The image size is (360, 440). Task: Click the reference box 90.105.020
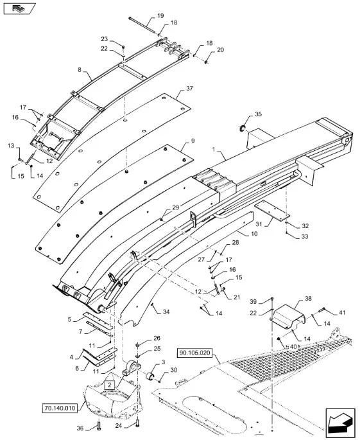(194, 353)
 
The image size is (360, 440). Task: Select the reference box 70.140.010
(60, 408)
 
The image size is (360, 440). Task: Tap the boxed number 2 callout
(109, 385)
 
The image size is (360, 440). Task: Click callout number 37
(189, 89)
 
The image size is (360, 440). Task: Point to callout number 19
(160, 15)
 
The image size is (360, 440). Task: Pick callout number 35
(258, 114)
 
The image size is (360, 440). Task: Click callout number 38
(308, 299)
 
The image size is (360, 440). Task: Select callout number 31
(259, 224)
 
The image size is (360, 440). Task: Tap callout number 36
(80, 428)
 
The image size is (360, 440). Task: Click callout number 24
(119, 426)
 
